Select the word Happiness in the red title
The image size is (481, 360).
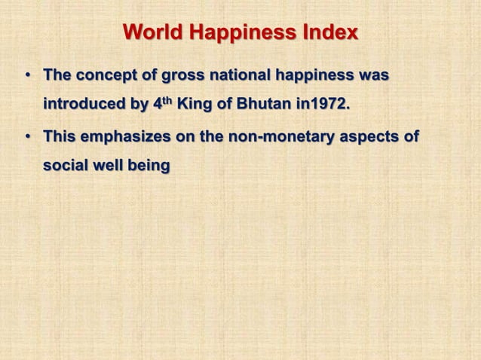237,34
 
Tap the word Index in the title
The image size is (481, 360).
326,34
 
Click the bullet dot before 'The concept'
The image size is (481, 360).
27,77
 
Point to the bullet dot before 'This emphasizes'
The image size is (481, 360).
27,138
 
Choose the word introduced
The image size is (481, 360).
84,103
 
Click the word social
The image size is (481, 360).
66,164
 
